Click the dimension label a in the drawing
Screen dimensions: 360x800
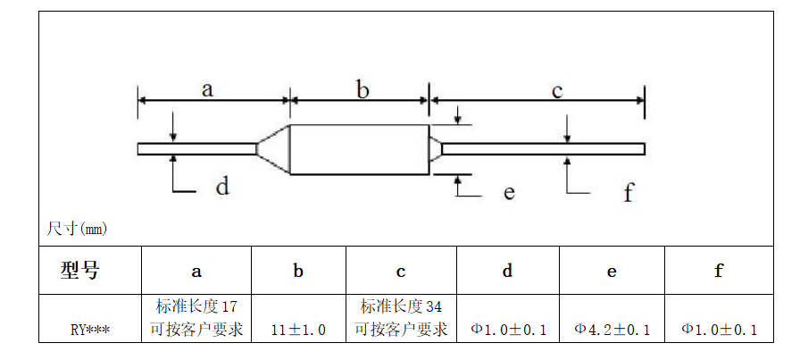point(207,89)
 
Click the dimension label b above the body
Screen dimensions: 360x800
point(362,89)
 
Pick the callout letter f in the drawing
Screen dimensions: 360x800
point(629,191)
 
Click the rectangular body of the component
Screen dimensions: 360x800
point(360,149)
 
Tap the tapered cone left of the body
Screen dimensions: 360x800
point(274,149)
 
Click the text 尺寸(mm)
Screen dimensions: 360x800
point(77,229)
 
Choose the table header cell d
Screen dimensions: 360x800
point(507,271)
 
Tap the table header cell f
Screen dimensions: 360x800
point(718,271)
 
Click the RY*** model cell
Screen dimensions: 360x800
point(90,330)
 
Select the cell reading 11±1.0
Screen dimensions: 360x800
point(298,330)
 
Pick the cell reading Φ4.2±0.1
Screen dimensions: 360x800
point(612,330)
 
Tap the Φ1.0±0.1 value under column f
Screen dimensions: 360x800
point(720,330)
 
